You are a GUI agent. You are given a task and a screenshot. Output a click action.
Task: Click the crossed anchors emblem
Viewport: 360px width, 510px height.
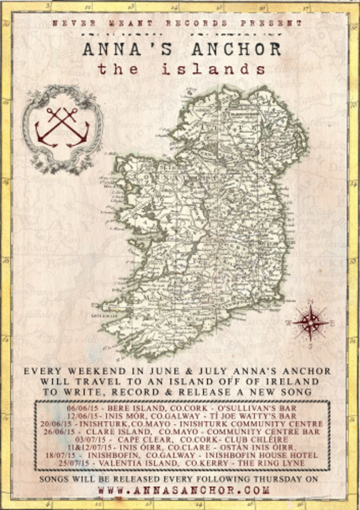tap(63, 127)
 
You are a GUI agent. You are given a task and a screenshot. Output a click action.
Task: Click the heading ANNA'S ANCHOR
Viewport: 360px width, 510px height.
tap(182, 49)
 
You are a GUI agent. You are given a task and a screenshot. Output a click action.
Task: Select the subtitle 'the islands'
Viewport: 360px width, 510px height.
tap(181, 71)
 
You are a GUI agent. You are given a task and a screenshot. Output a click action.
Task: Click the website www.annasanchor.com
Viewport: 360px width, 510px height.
tap(183, 490)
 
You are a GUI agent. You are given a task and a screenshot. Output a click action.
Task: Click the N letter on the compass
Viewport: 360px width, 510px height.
tap(310, 301)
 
